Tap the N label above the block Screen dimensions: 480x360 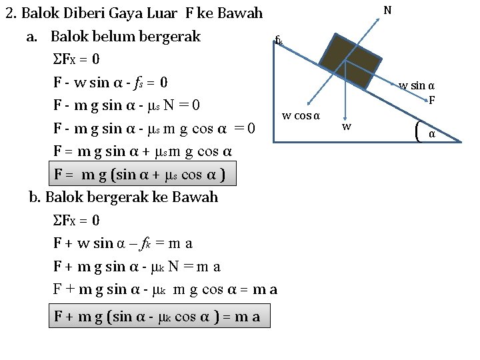coord(387,10)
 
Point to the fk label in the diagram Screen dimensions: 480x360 coord(279,41)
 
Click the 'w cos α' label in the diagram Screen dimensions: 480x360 coord(301,116)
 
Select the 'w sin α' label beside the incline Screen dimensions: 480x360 coord(417,85)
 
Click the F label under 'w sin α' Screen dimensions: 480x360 coord(431,101)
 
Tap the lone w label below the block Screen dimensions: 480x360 coord(346,126)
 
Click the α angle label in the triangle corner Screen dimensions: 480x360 coord(431,134)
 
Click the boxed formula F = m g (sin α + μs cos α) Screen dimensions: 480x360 coord(144,175)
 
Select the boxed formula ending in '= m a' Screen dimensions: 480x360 coord(158,317)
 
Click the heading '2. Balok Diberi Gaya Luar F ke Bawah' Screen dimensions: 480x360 coord(134,13)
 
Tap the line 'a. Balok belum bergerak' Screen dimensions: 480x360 coord(113,36)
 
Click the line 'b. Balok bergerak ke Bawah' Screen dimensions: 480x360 coord(123,197)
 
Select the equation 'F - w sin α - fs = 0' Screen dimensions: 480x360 coord(110,83)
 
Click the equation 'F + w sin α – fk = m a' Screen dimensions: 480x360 coord(123,243)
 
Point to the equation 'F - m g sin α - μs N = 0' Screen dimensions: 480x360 coord(127,105)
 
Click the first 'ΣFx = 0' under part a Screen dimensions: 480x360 coord(76,59)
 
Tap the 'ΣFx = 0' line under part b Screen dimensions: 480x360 coord(76,220)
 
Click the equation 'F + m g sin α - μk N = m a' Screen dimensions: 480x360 coord(137,267)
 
